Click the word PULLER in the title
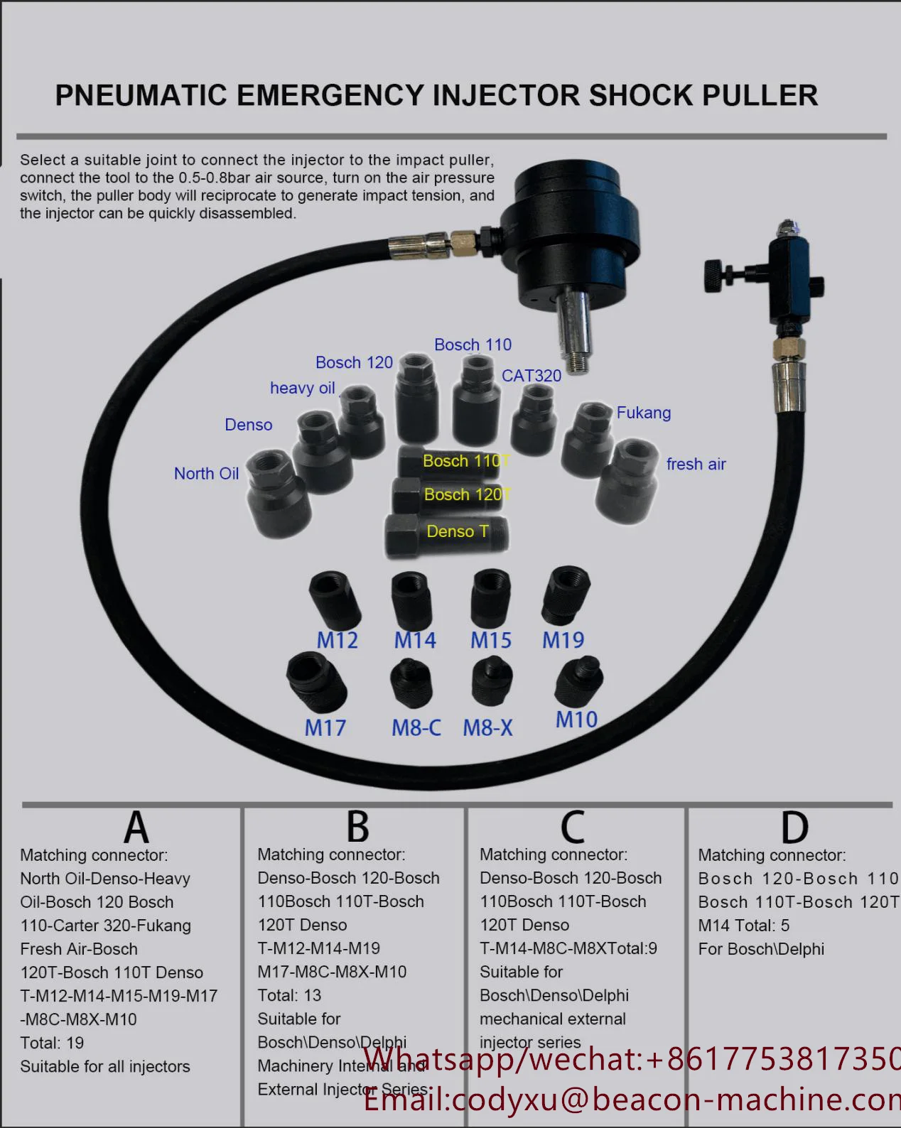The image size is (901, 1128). [760, 96]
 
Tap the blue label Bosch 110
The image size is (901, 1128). [473, 345]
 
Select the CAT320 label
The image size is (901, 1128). [532, 376]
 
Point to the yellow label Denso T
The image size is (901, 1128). [457, 531]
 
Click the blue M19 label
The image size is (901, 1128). [563, 640]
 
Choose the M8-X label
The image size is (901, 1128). [487, 727]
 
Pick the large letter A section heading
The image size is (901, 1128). [136, 827]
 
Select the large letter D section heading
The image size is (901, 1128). [794, 828]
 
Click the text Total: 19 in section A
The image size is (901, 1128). [52, 1043]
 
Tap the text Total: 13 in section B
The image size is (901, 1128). [289, 995]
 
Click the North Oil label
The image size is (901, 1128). [206, 474]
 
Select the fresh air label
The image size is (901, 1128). [696, 465]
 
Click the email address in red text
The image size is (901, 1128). [632, 1100]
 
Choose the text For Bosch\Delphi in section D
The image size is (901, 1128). [761, 949]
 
